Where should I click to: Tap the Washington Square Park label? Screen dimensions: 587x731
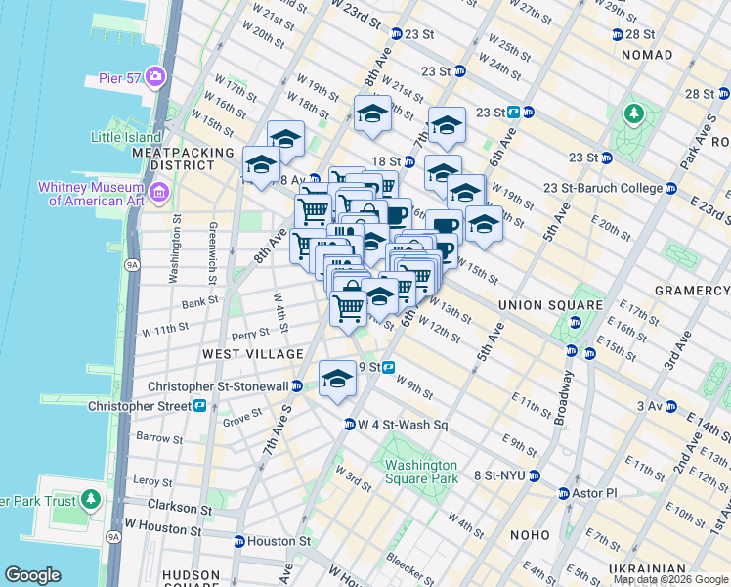pos(421,472)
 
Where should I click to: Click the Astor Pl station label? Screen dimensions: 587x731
pos(596,493)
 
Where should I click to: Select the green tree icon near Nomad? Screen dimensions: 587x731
pos(634,113)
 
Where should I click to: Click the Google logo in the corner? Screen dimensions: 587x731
pos(33,575)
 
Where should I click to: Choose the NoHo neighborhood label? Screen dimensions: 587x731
pos(533,535)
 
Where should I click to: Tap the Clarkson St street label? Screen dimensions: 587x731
pos(178,509)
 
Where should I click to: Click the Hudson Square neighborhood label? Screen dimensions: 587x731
pos(192,575)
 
